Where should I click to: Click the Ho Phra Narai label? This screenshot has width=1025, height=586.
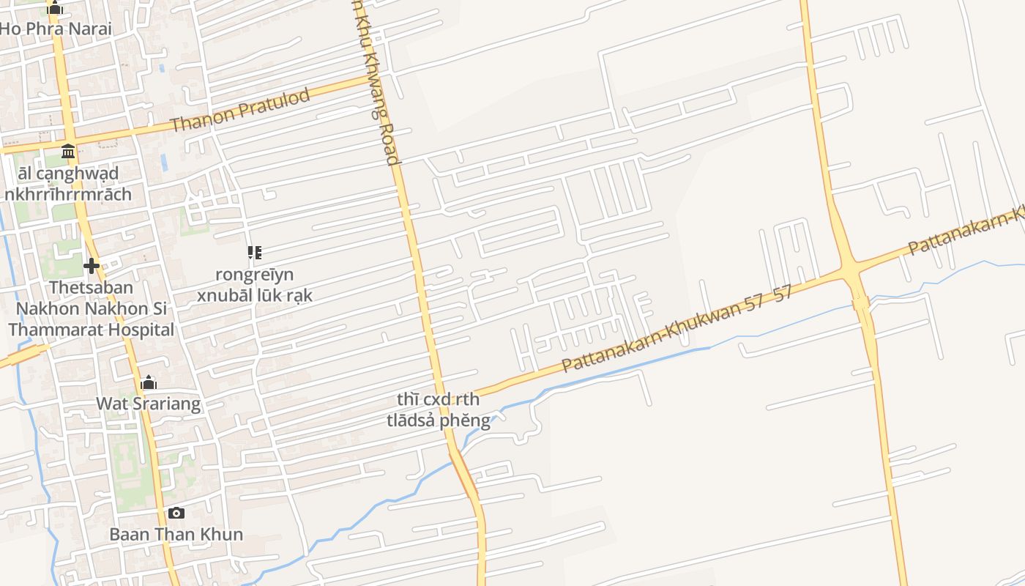(x=56, y=29)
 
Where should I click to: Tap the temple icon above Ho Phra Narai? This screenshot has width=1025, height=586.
(x=55, y=9)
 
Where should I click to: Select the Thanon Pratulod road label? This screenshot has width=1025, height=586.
(x=241, y=110)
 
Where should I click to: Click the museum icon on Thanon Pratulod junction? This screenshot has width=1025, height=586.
(x=69, y=151)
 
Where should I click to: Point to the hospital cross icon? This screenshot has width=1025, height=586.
(x=92, y=265)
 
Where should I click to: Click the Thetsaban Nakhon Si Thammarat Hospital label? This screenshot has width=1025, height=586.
(x=92, y=308)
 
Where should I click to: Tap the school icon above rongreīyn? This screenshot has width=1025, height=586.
(x=255, y=253)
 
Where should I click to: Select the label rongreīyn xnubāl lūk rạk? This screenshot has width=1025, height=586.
(x=255, y=285)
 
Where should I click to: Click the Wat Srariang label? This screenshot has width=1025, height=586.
(x=149, y=404)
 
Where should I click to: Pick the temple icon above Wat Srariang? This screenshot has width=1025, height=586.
(x=149, y=382)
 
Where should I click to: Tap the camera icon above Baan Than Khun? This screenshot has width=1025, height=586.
(x=176, y=513)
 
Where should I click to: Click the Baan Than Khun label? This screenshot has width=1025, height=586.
(x=176, y=534)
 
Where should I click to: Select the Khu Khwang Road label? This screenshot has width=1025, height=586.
(x=376, y=81)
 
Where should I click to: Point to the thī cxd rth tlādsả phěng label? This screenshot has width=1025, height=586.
(x=439, y=409)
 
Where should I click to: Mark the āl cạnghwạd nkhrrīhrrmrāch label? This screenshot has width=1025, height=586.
(x=68, y=184)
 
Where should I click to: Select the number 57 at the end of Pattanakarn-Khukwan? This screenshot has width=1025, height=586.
(x=783, y=294)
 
